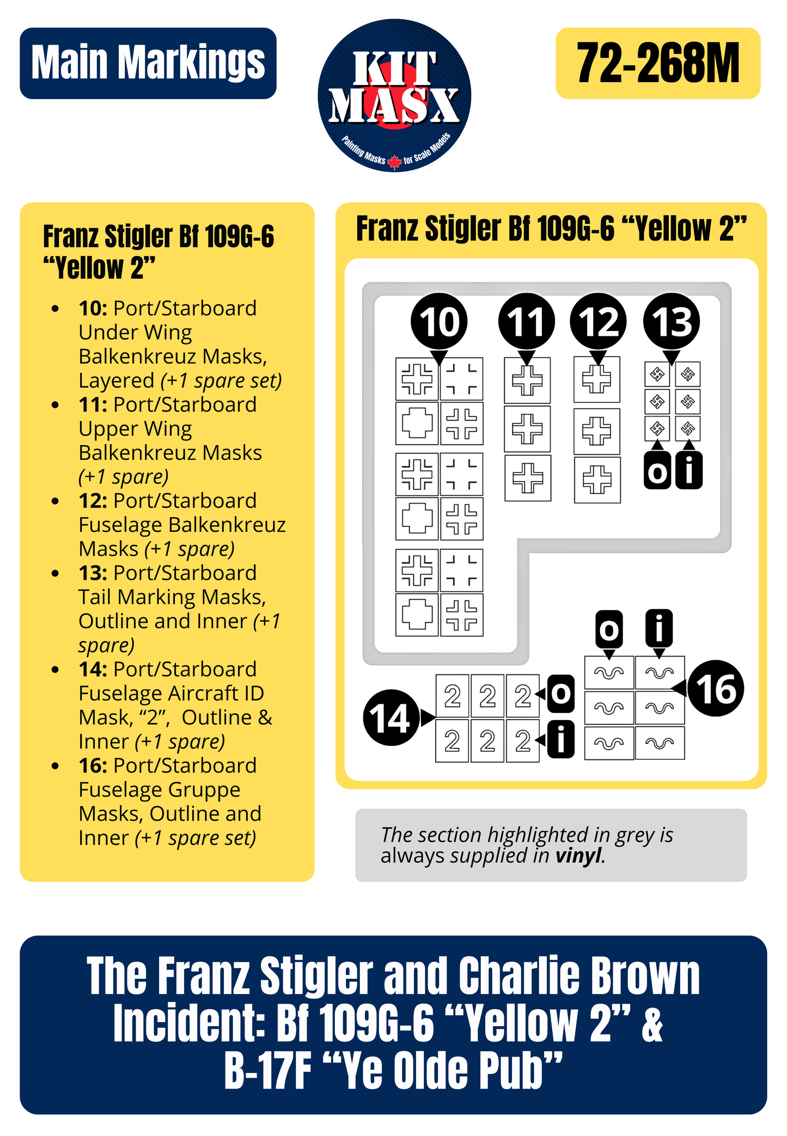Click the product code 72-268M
657,64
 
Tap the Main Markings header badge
148,63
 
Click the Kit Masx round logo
394,96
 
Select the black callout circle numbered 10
439,322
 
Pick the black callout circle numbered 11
526,322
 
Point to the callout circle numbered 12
598,322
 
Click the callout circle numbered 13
671,322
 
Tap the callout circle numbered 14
391,717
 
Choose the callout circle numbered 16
716,689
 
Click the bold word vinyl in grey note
579,856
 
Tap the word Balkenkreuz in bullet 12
227,525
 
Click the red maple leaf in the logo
395,162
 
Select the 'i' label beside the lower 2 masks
562,739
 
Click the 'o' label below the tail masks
657,471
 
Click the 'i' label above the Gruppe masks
659,628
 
